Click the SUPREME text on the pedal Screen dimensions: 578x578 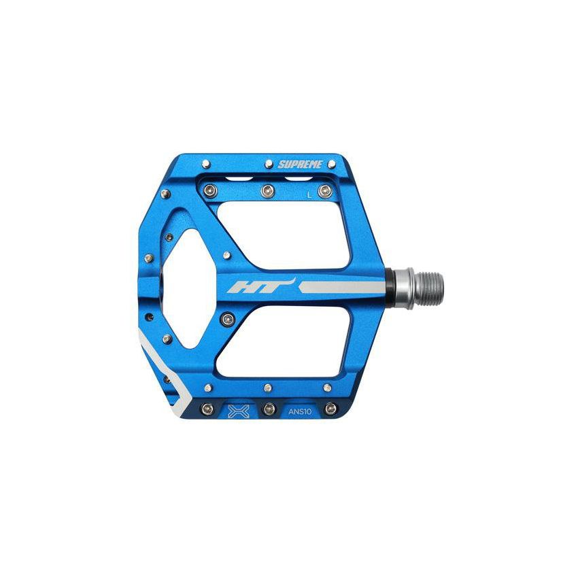pos(300,165)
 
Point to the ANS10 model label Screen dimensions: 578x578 pos(300,412)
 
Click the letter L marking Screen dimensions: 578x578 pos(309,195)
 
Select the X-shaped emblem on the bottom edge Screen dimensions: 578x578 pos(239,411)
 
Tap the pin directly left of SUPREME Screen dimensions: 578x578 pos(269,163)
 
